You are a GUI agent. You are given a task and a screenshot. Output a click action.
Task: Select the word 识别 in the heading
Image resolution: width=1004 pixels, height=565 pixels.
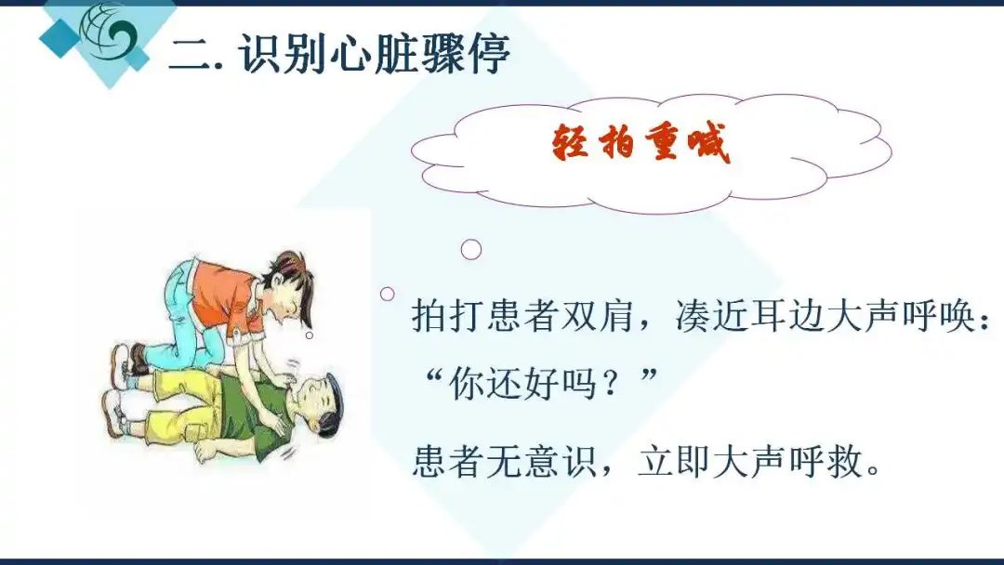(283, 53)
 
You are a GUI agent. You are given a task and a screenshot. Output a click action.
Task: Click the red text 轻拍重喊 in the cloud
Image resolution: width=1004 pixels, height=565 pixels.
(641, 142)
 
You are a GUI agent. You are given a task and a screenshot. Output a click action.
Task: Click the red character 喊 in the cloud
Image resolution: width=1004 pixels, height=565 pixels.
(708, 142)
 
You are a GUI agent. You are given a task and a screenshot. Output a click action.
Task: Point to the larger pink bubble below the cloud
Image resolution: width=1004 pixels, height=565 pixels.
(471, 250)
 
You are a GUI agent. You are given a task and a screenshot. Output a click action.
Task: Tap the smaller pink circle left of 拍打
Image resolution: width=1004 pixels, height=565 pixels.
(388, 294)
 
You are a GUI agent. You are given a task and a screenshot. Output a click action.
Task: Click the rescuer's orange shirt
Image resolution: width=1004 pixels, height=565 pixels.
(225, 296)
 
